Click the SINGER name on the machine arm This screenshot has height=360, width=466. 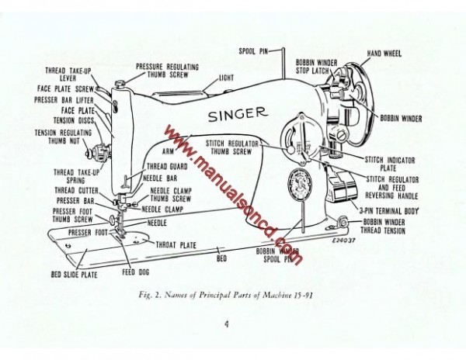click(237, 115)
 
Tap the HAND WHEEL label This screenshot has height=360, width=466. click(384, 54)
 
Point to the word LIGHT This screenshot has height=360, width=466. click(226, 78)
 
